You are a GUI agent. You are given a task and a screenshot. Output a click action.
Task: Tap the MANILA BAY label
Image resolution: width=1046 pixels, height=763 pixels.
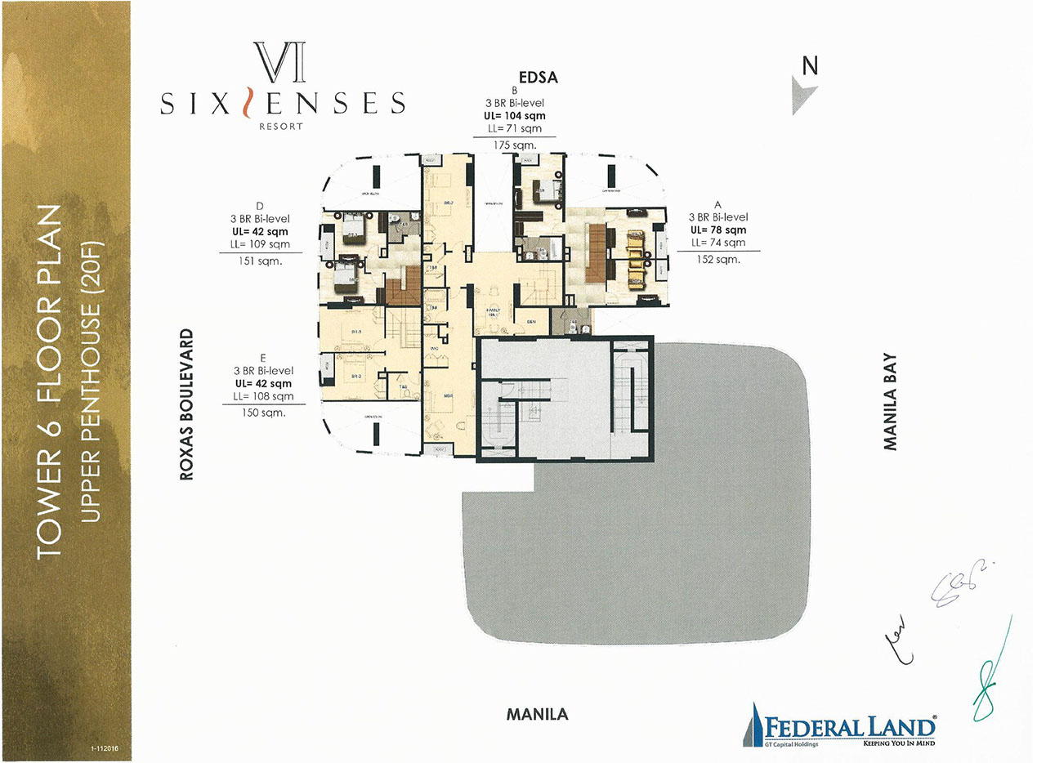coord(890,401)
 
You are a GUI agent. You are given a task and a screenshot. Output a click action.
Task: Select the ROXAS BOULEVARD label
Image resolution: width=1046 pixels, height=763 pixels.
coord(187,404)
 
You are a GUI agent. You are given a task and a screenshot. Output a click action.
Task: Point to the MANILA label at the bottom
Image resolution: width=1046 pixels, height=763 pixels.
coord(537,714)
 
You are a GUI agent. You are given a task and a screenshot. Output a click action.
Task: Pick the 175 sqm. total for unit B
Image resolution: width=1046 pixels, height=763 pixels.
coord(515,145)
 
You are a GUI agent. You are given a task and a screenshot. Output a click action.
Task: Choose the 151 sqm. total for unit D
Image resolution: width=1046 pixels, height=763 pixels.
coord(261,261)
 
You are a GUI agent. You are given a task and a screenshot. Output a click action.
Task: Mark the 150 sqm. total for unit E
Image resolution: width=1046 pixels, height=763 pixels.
coord(263,413)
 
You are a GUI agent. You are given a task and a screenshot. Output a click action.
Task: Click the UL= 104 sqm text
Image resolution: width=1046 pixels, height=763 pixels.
coord(515,116)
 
